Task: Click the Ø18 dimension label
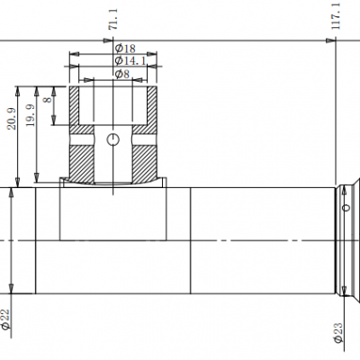[125, 48]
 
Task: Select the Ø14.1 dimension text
[129, 61]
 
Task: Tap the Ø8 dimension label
[121, 74]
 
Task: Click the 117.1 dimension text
[336, 15]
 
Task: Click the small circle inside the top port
[112, 139]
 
